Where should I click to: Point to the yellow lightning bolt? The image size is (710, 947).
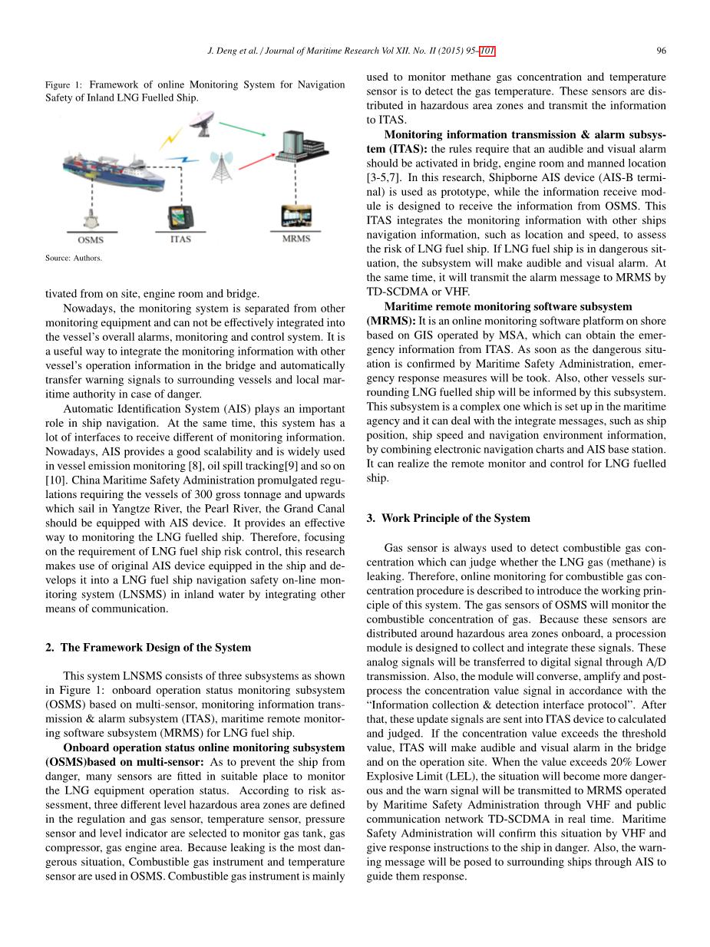(x=170, y=138)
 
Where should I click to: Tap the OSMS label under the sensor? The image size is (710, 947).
(x=91, y=240)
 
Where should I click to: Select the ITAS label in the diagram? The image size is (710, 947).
(x=180, y=239)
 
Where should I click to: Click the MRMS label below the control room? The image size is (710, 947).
(x=296, y=239)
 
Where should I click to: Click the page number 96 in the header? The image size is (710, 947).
(x=661, y=51)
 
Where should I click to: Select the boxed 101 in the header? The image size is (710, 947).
(x=487, y=51)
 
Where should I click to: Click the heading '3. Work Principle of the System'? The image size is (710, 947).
(x=448, y=518)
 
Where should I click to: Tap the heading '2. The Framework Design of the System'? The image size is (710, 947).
(x=148, y=647)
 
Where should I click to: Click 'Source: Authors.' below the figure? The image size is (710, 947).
(x=74, y=258)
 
